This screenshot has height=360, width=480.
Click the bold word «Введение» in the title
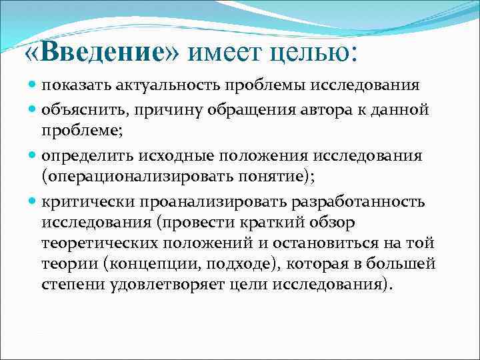pyautogui.click(x=103, y=53)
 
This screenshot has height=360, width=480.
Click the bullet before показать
pyautogui.click(x=33, y=86)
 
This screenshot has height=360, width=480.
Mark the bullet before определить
pyautogui.click(x=33, y=156)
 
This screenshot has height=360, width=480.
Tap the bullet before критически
pyautogui.click(x=33, y=201)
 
